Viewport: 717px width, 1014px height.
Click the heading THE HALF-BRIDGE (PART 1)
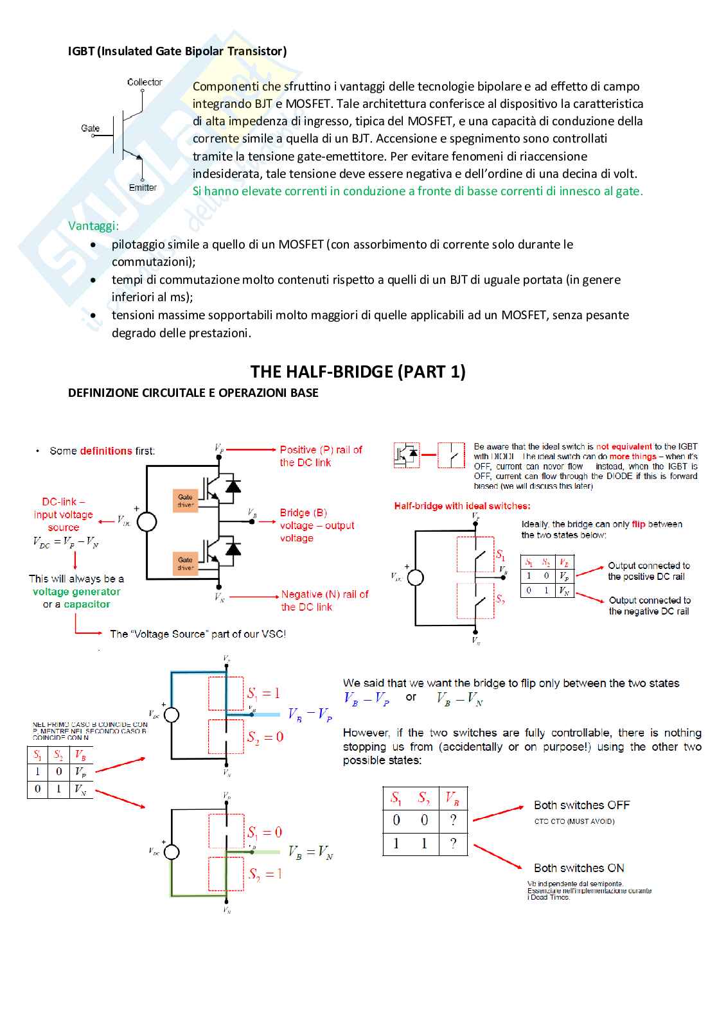click(358, 372)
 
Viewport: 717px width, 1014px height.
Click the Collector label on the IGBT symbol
click(145, 82)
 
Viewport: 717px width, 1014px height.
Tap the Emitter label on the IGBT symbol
click(143, 188)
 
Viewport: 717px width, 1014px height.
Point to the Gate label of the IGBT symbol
click(91, 128)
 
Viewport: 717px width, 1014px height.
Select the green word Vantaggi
click(93, 226)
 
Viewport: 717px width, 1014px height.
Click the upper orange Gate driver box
click(185, 500)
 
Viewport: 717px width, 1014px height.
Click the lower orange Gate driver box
click(185, 563)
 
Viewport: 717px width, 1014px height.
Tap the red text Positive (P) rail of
click(321, 450)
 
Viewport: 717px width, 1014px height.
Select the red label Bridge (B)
click(303, 512)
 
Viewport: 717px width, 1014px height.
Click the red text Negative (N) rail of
click(324, 595)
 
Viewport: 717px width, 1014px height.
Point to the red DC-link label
click(63, 502)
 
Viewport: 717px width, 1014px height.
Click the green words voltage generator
click(76, 591)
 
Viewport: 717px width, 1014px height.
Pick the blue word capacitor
click(87, 604)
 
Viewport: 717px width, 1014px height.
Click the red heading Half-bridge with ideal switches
click(462, 506)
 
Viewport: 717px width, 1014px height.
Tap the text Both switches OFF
click(581, 805)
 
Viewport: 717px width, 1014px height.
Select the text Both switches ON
click(579, 868)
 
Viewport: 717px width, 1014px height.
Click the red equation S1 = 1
click(263, 694)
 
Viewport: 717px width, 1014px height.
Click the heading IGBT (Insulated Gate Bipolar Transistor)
click(177, 51)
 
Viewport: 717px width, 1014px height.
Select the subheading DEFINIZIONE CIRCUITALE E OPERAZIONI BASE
click(193, 393)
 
